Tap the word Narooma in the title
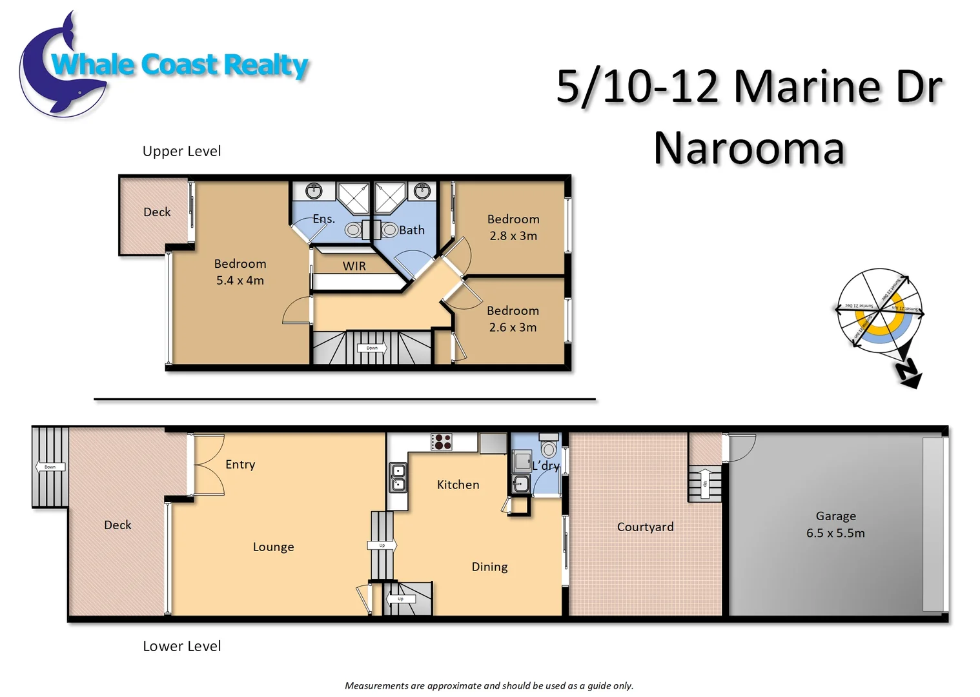(749, 148)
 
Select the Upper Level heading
(181, 151)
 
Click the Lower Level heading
(181, 646)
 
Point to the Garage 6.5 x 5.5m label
(835, 525)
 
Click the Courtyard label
(645, 527)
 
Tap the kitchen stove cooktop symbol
(442, 441)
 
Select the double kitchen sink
(398, 478)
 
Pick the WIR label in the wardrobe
(354, 266)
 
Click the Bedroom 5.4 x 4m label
(240, 272)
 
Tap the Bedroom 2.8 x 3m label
(513, 227)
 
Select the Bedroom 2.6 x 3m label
(513, 319)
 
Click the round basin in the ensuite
(314, 190)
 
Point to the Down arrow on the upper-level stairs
(373, 348)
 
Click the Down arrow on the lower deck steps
(50, 467)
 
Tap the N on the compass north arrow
(908, 372)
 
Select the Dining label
(489, 567)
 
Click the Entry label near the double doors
(240, 464)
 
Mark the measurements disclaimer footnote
(489, 685)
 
